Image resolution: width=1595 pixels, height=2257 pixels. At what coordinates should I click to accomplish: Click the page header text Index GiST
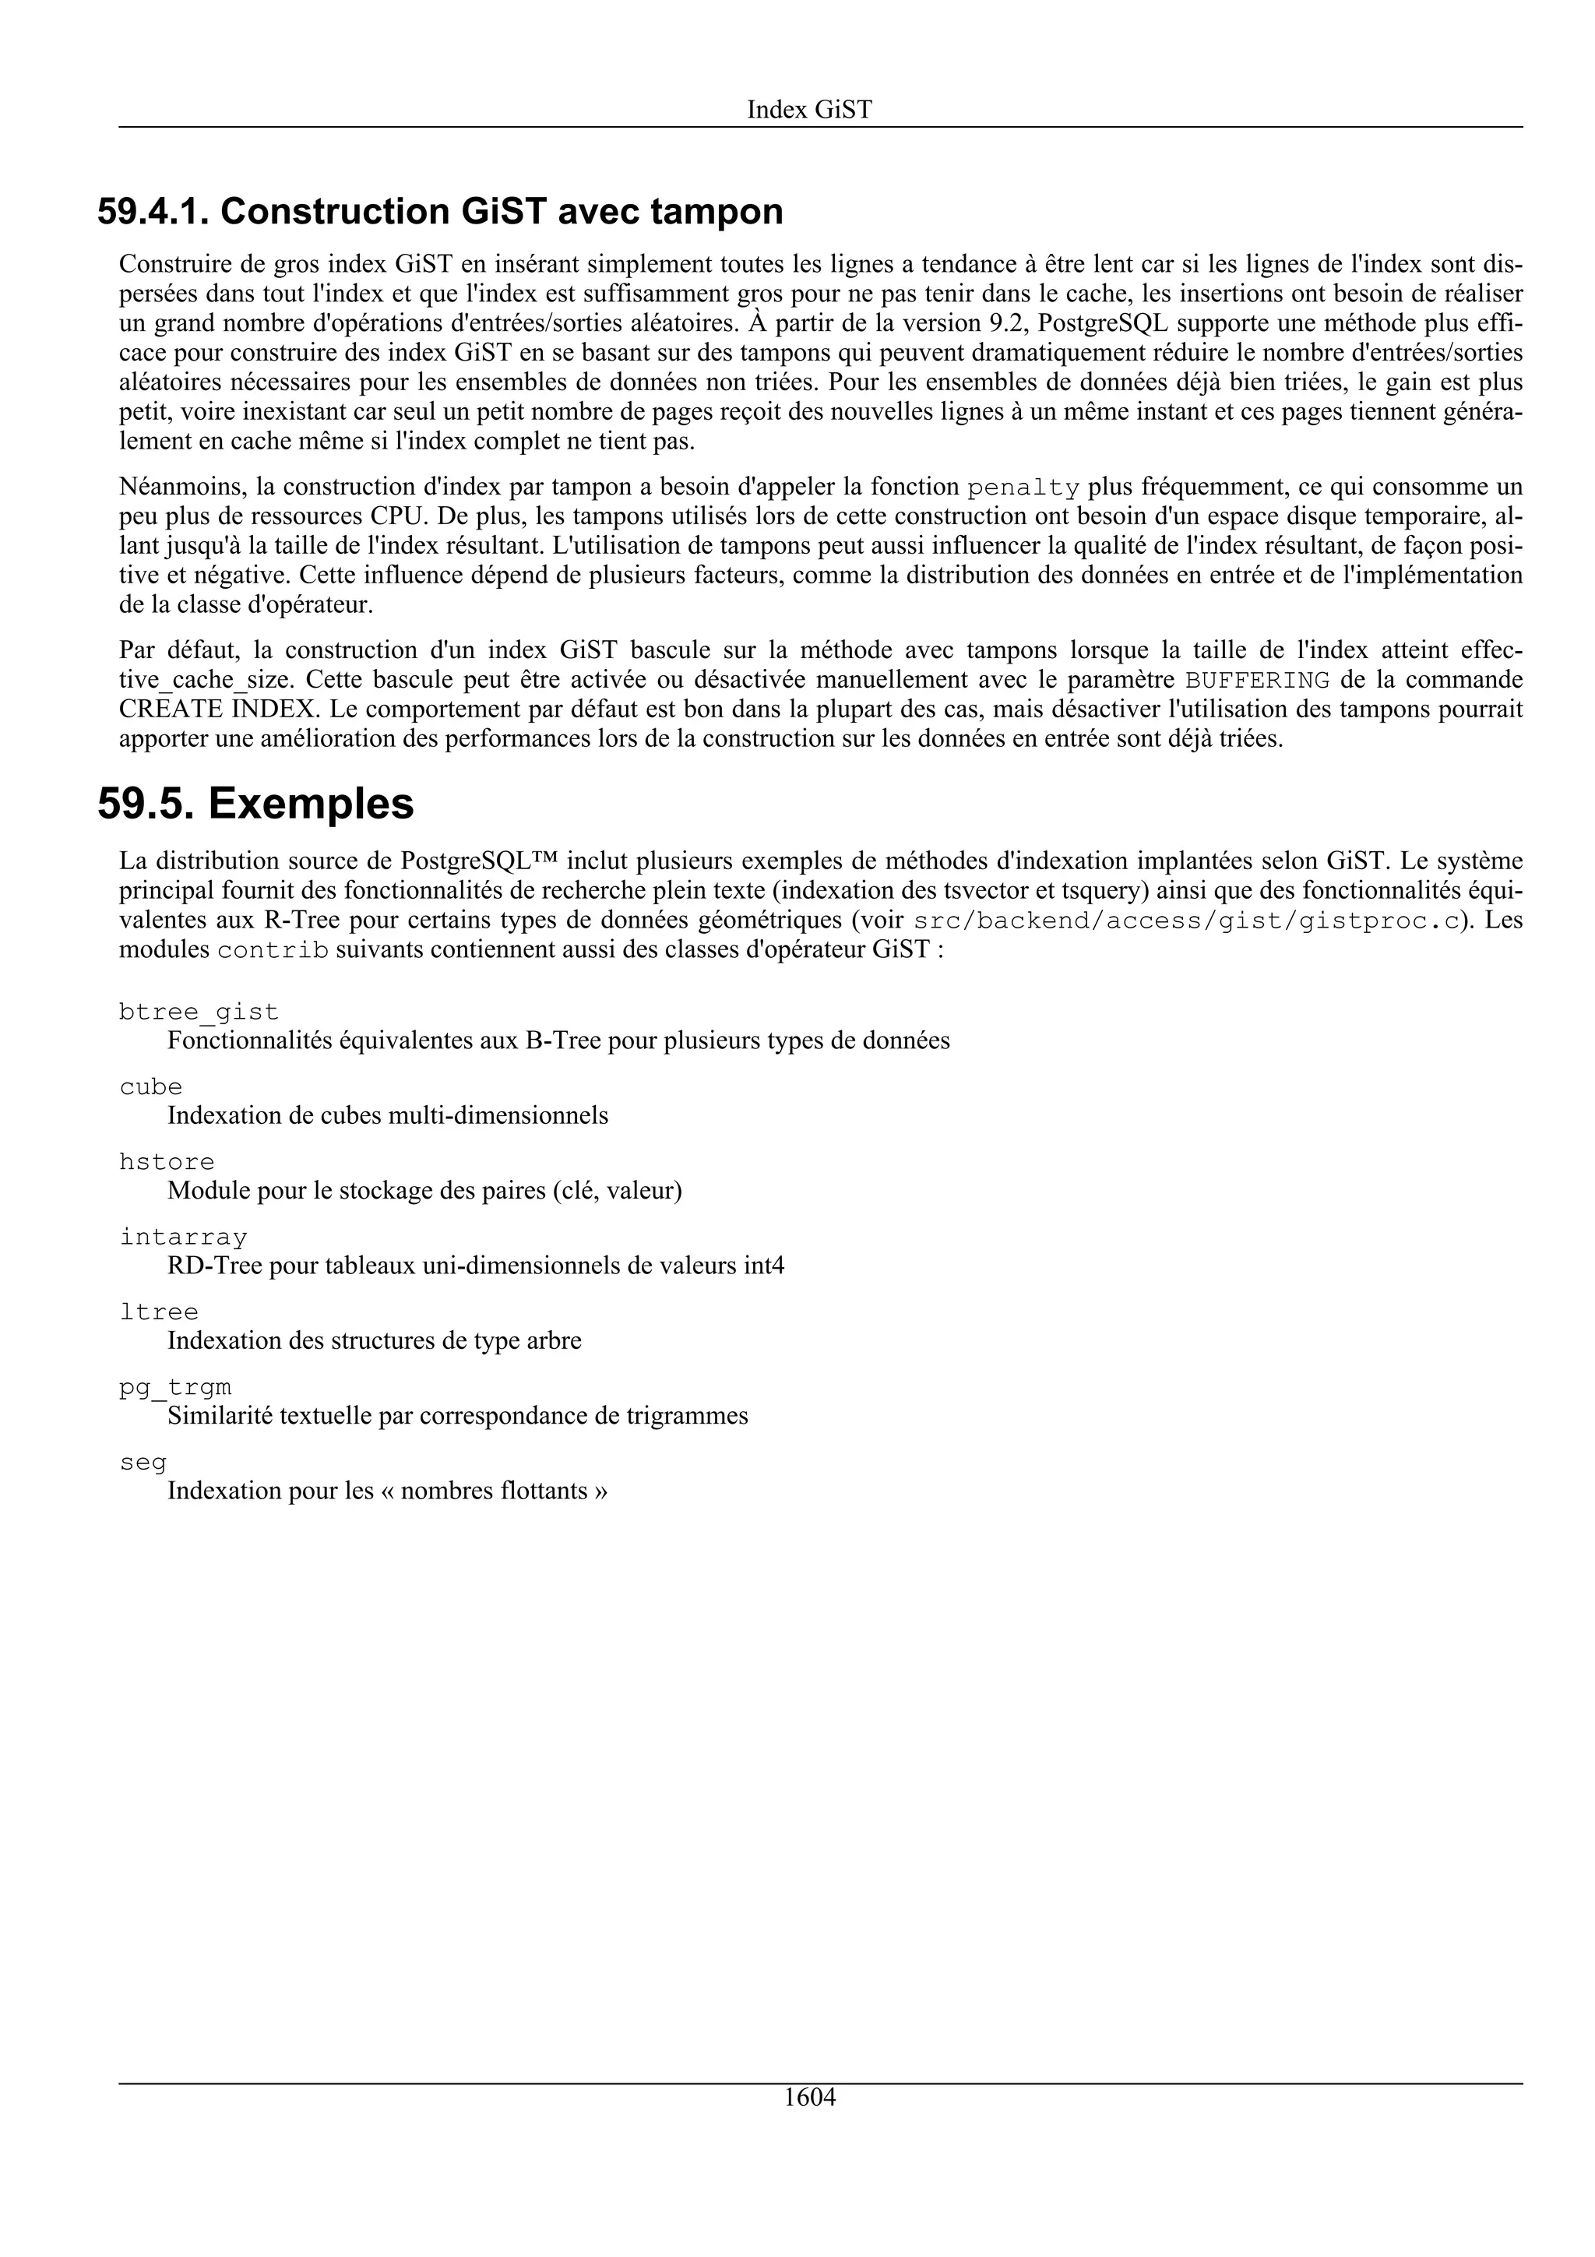tap(809, 109)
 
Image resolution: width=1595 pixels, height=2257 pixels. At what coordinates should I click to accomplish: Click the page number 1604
tap(809, 2125)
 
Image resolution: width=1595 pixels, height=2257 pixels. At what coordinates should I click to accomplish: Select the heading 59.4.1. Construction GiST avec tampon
tap(440, 211)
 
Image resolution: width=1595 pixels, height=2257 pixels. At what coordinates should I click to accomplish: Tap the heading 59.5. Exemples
tap(255, 803)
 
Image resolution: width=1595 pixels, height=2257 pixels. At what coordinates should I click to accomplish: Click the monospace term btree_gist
tap(199, 1012)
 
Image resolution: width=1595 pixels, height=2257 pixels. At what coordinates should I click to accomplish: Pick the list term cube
tap(150, 1086)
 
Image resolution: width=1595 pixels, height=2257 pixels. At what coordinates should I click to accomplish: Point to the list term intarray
tap(183, 1237)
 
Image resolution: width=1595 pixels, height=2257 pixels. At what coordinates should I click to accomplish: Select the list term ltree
tap(158, 1312)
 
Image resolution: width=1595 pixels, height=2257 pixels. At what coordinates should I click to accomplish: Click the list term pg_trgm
tap(175, 1387)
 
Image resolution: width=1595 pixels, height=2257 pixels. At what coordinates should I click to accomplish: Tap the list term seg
tap(143, 1463)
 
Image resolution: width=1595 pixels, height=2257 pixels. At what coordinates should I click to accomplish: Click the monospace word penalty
tap(1023, 488)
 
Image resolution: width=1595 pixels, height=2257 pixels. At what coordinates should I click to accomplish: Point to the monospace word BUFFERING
tap(1258, 680)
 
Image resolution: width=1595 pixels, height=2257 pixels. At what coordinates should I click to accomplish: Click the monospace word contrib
tap(273, 952)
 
